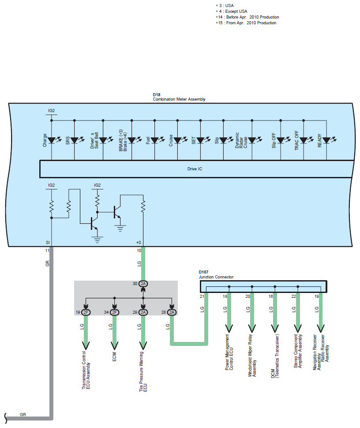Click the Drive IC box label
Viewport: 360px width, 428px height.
click(x=195, y=169)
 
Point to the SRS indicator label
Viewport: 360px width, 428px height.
click(x=67, y=140)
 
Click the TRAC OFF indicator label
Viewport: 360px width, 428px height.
click(x=296, y=140)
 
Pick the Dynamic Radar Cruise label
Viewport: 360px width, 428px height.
click(x=241, y=140)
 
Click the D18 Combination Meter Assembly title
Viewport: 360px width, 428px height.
click(x=179, y=97)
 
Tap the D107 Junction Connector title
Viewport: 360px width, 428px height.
click(x=216, y=274)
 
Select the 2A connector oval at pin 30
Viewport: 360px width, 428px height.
click(x=143, y=284)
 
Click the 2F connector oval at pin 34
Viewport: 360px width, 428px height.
click(x=114, y=312)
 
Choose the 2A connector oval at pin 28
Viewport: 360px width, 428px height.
click(x=172, y=312)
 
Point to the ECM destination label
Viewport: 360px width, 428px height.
click(x=114, y=357)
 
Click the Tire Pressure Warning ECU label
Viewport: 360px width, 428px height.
click(x=143, y=372)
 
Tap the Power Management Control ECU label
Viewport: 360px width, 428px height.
click(x=229, y=352)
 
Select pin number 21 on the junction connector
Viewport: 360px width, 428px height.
click(x=202, y=296)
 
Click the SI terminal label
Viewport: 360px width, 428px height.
click(x=48, y=242)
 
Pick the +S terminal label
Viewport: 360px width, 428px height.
click(x=139, y=242)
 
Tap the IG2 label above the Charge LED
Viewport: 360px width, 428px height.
click(x=51, y=111)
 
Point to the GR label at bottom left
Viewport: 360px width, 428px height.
click(x=23, y=414)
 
